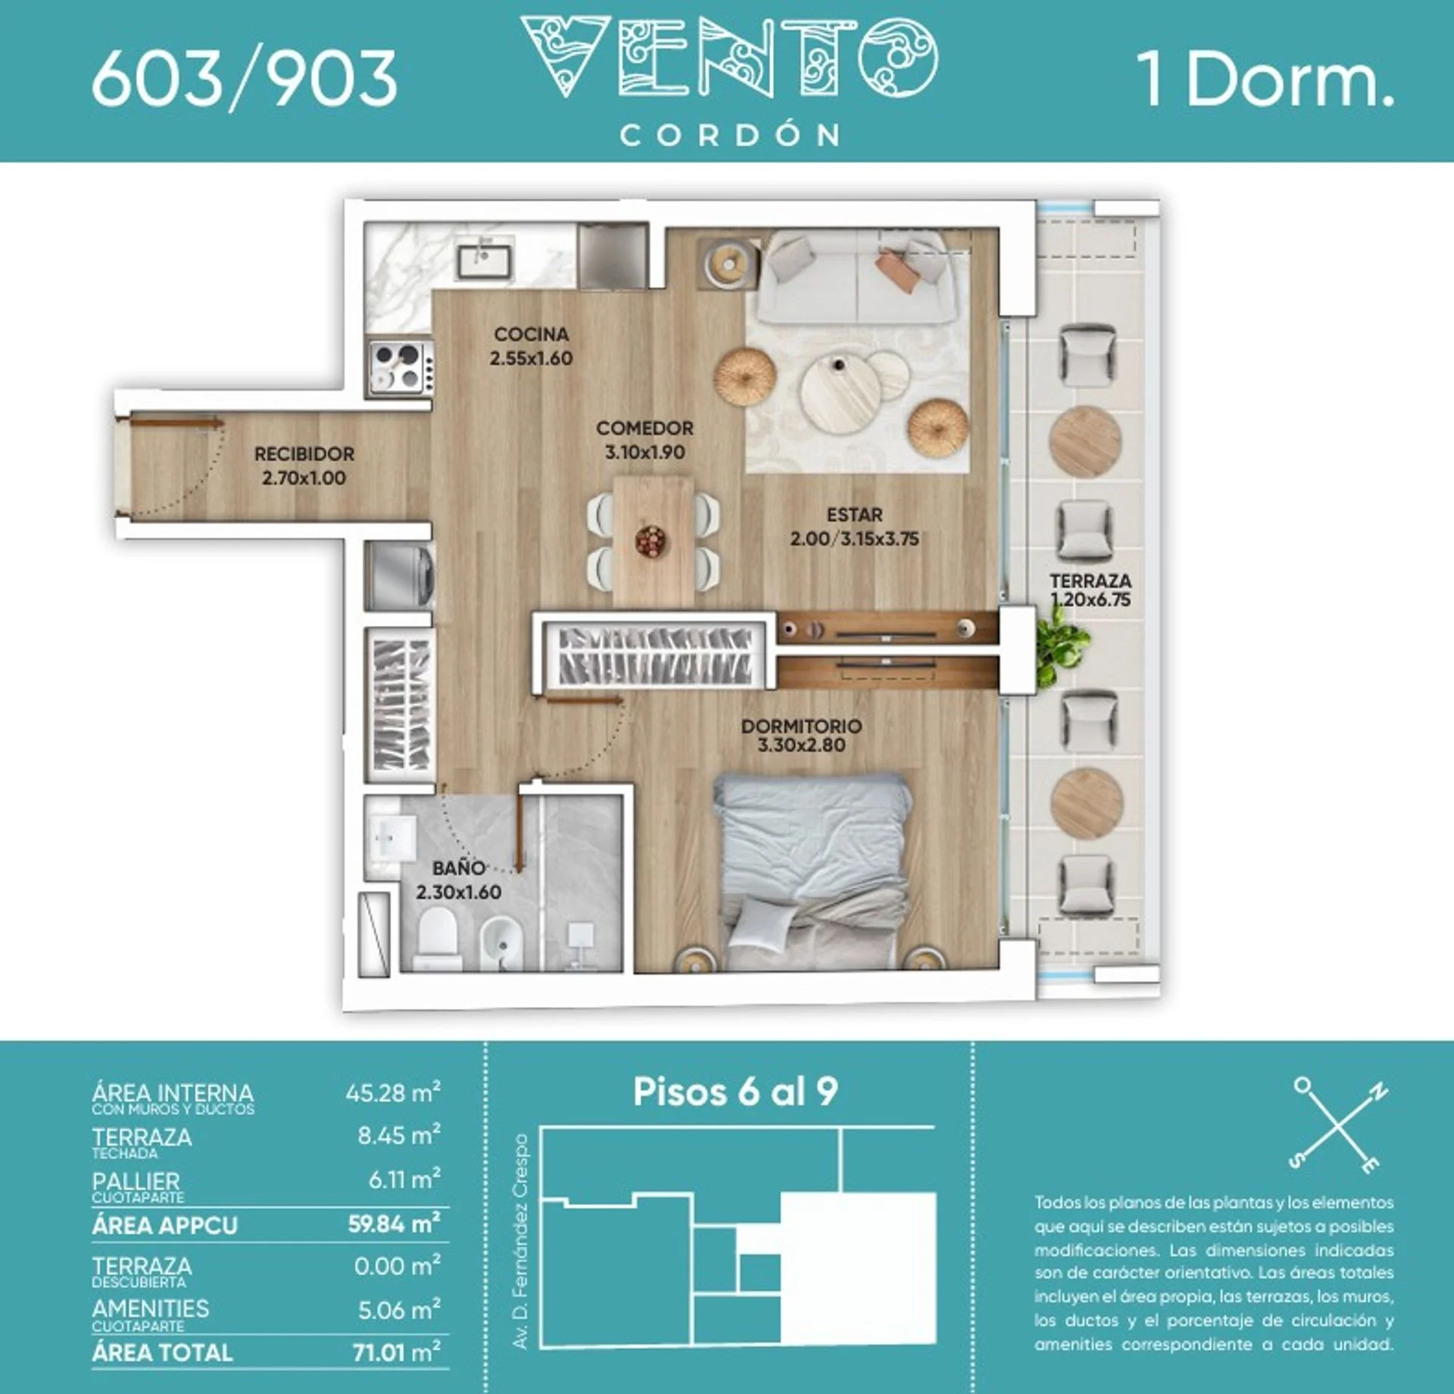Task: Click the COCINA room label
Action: [531, 334]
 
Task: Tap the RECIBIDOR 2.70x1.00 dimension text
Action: [304, 478]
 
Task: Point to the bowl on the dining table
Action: [651, 542]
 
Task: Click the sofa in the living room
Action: [856, 279]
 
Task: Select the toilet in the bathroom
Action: [438, 938]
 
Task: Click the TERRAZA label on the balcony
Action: [1090, 581]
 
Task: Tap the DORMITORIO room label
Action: [801, 726]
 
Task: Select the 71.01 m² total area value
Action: [397, 1352]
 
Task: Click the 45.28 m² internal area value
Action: [393, 1093]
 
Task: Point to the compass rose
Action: [1338, 1126]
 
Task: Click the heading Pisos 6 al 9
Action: [735, 1092]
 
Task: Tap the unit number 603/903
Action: [245, 78]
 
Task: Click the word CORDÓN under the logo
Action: [730, 136]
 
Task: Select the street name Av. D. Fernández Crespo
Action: [520, 1241]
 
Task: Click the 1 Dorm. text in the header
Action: [1265, 79]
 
